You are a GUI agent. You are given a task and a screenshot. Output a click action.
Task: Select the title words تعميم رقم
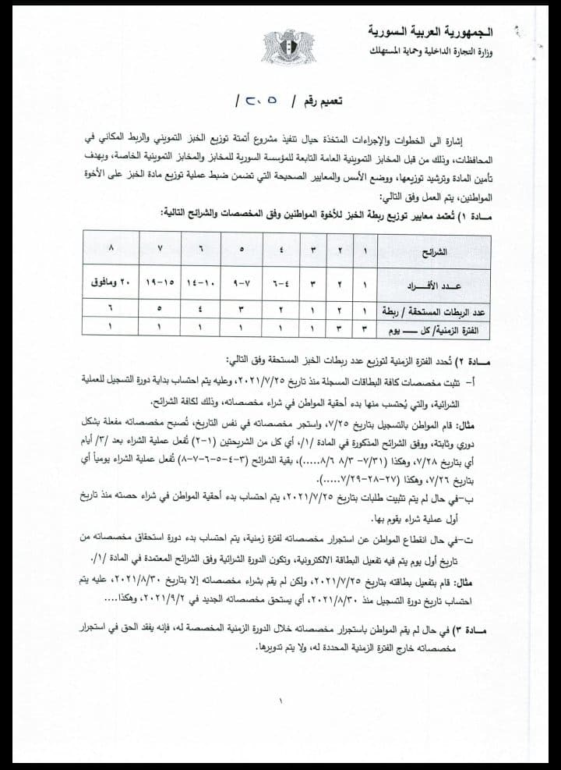322,102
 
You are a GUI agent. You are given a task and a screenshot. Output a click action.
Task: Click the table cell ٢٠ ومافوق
113,281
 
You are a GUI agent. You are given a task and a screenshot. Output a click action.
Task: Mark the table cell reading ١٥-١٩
161,281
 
